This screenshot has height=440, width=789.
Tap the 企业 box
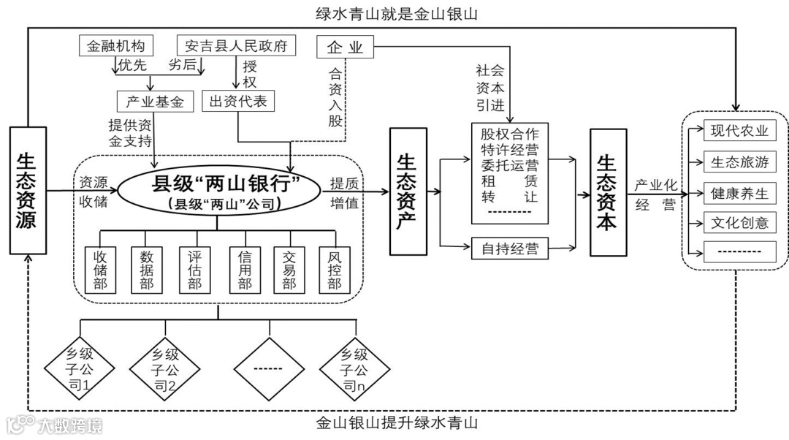(x=345, y=48)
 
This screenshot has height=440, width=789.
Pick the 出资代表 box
(x=237, y=101)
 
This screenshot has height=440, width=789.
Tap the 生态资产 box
(x=408, y=191)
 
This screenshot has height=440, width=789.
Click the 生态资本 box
(x=608, y=191)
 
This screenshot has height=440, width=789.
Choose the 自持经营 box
(x=509, y=249)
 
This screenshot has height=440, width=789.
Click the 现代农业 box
(x=739, y=132)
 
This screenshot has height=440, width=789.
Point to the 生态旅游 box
(x=739, y=162)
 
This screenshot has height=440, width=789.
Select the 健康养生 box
(x=739, y=193)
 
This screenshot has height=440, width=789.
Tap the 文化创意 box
(x=739, y=222)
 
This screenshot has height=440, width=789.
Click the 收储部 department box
(x=100, y=270)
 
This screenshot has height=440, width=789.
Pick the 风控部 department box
(x=335, y=270)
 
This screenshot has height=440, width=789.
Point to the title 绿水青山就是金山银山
(x=391, y=13)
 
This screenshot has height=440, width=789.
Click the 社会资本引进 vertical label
(x=490, y=86)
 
